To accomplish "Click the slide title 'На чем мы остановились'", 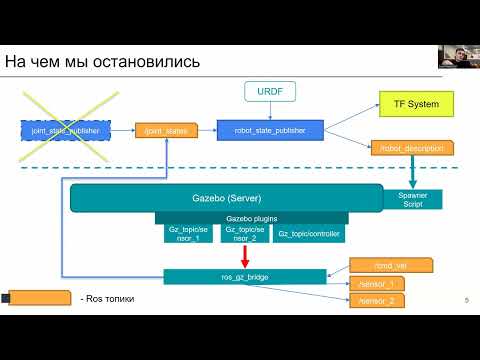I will pyautogui.click(x=102, y=62).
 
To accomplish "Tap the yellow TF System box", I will pyautogui.click(x=416, y=102).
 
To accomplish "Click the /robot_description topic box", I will pyautogui.click(x=412, y=148).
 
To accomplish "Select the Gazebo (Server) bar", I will pyautogui.click(x=226, y=198).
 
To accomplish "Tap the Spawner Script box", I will pyautogui.click(x=412, y=198).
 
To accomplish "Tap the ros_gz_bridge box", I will pyautogui.click(x=244, y=276).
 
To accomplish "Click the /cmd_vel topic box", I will pyautogui.click(x=390, y=265).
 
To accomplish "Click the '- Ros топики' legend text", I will pyautogui.click(x=105, y=299).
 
